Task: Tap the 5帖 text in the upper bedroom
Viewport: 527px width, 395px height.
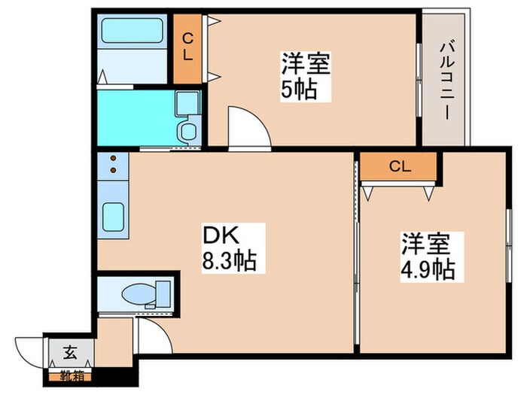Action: click(x=298, y=90)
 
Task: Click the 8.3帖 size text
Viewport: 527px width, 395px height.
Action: click(x=230, y=262)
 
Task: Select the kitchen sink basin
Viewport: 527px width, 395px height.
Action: click(x=113, y=217)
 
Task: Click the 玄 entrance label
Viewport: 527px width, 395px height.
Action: click(x=68, y=351)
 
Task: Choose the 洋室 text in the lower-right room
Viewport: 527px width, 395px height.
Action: click(x=425, y=244)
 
